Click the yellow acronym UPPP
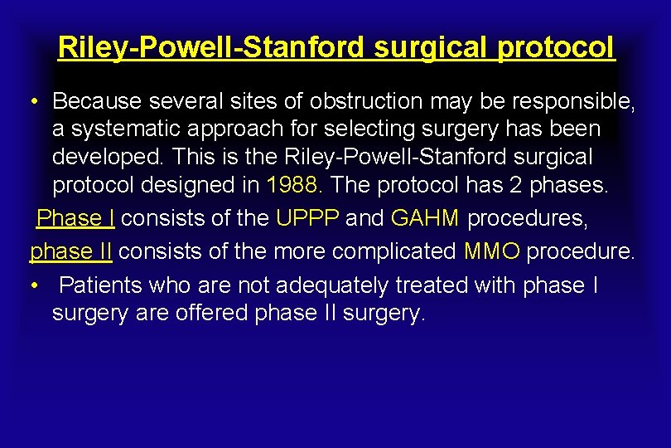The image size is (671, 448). tap(307, 219)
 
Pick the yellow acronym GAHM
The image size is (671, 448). tap(425, 219)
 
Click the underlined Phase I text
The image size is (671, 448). tap(76, 219)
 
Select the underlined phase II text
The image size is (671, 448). tap(70, 250)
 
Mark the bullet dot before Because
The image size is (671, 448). tap(32, 102)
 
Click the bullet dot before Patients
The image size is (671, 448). tap(32, 285)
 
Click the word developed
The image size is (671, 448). tap(104, 156)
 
